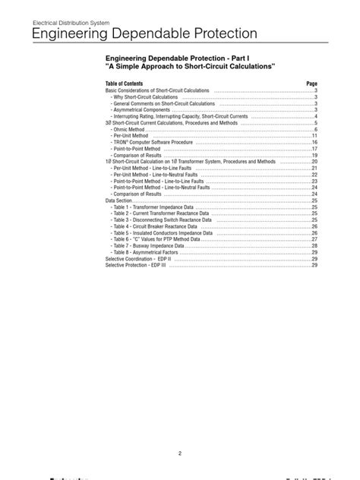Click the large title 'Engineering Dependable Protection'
[144, 35]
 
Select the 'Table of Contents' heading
[124, 83]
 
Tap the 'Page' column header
[311, 83]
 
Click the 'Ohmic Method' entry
[128, 129]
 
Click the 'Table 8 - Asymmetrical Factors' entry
[146, 252]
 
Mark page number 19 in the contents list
[314, 155]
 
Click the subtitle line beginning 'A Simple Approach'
[190, 68]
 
